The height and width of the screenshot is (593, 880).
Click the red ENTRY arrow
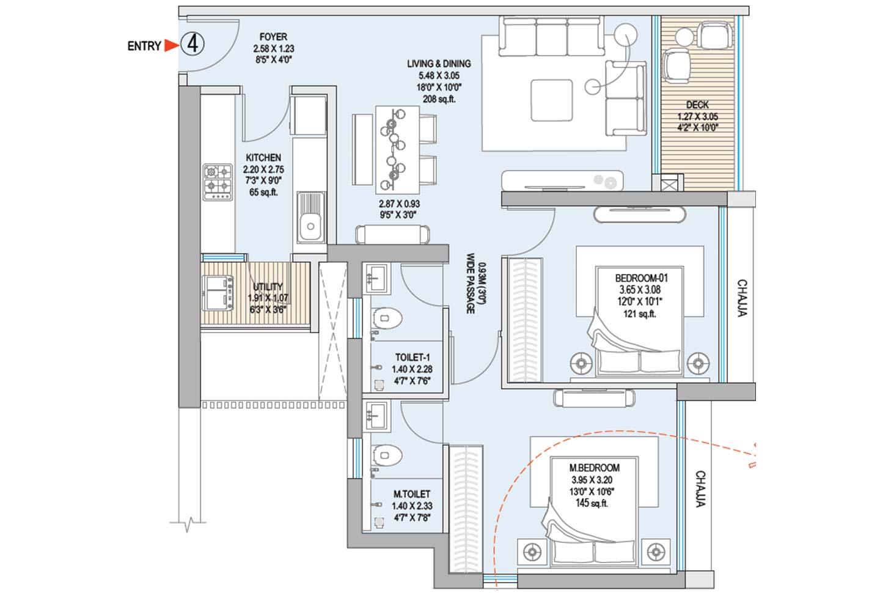[171, 45]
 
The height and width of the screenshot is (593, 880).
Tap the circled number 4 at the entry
[193, 45]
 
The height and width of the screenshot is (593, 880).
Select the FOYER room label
[273, 37]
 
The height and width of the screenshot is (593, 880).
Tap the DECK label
[697, 105]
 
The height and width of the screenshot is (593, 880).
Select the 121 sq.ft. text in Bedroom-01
[639, 314]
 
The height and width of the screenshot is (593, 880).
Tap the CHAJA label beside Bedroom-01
[741, 299]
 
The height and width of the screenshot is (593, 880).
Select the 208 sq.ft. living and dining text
[439, 99]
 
